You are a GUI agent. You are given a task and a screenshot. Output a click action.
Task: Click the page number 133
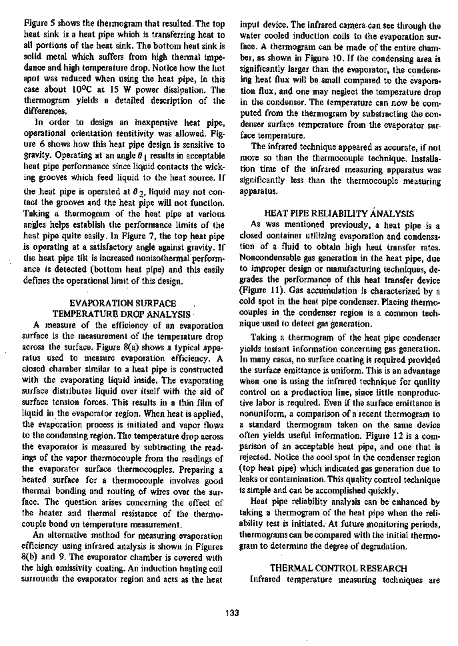pos(233,613)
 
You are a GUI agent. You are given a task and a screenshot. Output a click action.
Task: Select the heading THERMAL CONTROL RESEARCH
pos(337,568)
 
